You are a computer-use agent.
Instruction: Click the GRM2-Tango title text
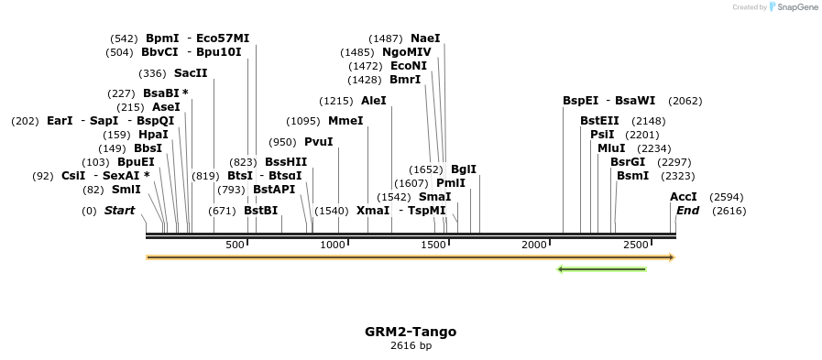[x=411, y=332]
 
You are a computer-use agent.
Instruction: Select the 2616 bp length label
[x=411, y=346]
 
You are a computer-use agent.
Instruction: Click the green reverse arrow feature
[x=601, y=269]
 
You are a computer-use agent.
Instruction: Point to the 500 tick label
[x=236, y=245]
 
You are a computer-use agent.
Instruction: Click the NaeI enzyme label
[x=425, y=38]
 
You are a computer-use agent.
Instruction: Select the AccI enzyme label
[x=684, y=197]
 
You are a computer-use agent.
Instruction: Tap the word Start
[x=119, y=211]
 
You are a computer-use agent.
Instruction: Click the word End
[x=687, y=211]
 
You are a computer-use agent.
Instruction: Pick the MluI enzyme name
[x=611, y=148]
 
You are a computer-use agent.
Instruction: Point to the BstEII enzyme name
[x=599, y=121]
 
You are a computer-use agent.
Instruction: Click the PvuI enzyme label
[x=318, y=142]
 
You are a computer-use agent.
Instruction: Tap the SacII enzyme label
[x=191, y=73]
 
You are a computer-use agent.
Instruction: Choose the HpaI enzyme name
[x=153, y=135]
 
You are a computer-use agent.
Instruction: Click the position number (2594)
[x=727, y=197]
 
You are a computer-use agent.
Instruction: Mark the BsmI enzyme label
[x=632, y=176]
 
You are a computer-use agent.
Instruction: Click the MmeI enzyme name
[x=345, y=121]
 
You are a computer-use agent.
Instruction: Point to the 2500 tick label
[x=634, y=245]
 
